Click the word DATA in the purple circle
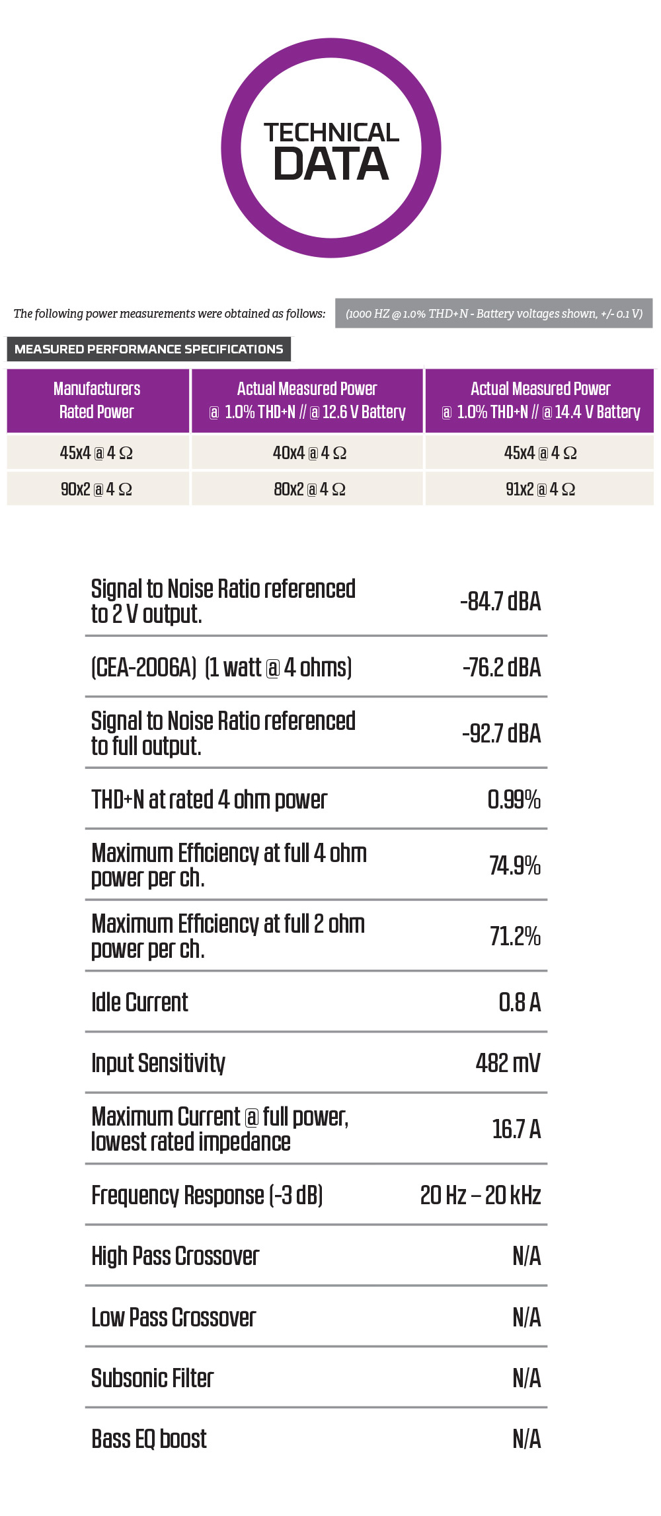[331, 164]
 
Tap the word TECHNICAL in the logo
[331, 132]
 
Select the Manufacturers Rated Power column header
[98, 400]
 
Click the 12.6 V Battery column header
[307, 400]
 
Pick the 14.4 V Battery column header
[540, 400]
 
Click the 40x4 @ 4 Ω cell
[309, 452]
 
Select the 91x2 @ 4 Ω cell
[540, 489]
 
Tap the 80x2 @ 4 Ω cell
[309, 489]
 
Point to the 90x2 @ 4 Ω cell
[97, 489]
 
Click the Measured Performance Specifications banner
[149, 349]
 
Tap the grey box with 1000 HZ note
[494, 313]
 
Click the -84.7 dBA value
[500, 601]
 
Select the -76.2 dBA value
[502, 667]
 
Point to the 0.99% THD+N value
[514, 799]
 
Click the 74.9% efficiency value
[515, 865]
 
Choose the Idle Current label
[139, 1002]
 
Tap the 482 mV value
[508, 1063]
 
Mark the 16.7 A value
[516, 1129]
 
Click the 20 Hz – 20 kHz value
[481, 1195]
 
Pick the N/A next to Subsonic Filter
[527, 1378]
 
